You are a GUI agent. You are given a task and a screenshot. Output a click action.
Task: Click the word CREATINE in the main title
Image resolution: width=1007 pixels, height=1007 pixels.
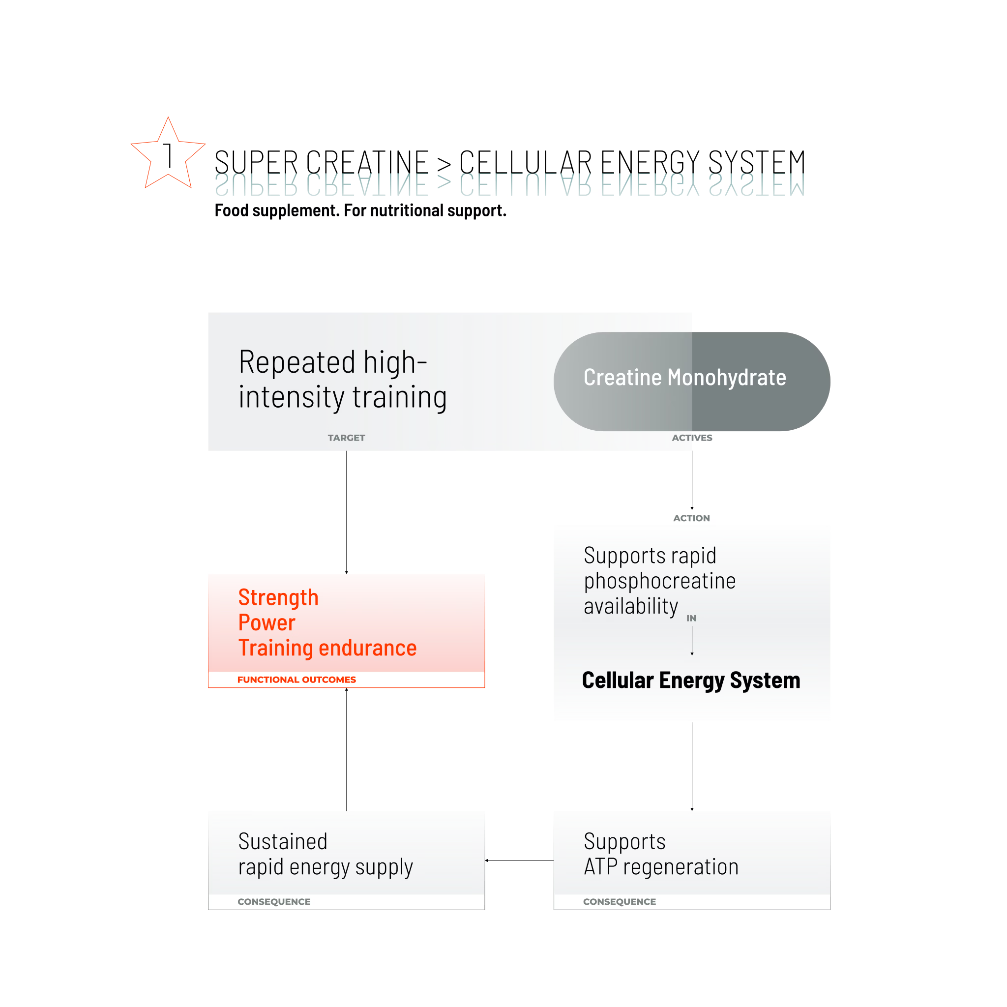coord(367,163)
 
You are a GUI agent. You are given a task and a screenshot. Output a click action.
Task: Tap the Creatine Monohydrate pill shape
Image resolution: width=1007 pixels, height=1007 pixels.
coord(692,382)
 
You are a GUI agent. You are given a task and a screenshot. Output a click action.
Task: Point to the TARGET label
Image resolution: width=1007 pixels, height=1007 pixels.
coord(346,438)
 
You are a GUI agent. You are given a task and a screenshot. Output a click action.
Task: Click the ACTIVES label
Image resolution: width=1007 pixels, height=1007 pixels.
coord(692,438)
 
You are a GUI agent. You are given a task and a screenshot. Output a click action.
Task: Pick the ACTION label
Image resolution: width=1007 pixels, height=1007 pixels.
coord(691,518)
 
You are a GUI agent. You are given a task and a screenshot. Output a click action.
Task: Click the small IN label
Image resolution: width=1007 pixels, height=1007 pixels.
coord(691,618)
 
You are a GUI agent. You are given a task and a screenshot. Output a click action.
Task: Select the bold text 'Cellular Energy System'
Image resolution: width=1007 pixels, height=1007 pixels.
coord(691,680)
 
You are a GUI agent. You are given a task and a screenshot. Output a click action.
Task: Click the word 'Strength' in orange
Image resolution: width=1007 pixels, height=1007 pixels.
coord(278,597)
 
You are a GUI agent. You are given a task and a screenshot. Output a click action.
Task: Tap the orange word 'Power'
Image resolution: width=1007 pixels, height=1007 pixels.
coord(267,622)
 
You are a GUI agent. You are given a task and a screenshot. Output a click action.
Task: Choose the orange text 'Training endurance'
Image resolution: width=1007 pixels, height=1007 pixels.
coord(327,648)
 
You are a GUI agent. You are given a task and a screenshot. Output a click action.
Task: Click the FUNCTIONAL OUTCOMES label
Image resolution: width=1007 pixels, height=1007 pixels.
coord(296,680)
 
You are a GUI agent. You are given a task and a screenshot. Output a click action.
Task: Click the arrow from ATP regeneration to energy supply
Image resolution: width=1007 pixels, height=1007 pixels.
coord(519,860)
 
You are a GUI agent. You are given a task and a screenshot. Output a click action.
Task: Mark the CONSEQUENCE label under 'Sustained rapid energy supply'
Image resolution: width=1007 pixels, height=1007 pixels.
coord(274,902)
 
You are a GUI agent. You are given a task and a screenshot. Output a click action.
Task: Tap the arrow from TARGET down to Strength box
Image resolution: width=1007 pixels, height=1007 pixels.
coord(346,512)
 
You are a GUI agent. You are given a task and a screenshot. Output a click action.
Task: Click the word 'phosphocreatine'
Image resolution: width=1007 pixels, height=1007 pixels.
coord(659,581)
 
